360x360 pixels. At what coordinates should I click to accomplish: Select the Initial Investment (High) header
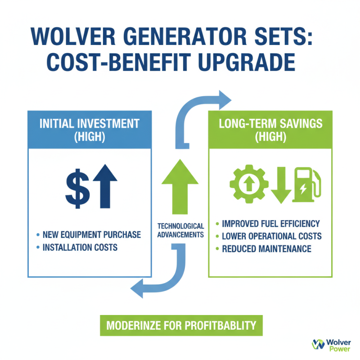click(90, 130)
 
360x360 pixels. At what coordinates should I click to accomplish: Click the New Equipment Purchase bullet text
click(91, 234)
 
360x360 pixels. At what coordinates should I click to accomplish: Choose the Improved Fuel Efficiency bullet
click(270, 224)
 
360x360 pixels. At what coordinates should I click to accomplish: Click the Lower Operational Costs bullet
click(270, 236)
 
